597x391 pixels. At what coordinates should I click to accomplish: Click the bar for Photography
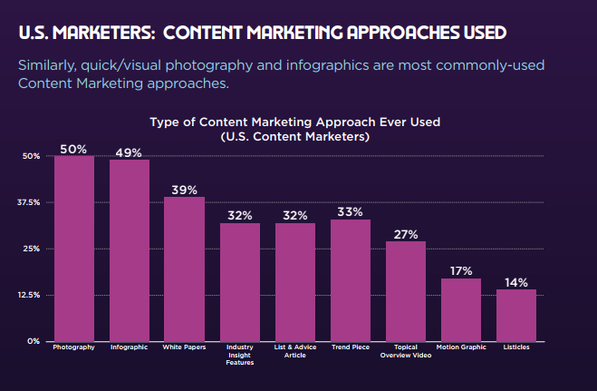pyautogui.click(x=74, y=249)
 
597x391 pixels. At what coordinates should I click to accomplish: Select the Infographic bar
pyautogui.click(x=130, y=250)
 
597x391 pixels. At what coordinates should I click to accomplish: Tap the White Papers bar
pyautogui.click(x=185, y=269)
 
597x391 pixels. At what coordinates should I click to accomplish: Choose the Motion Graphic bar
pyautogui.click(x=461, y=309)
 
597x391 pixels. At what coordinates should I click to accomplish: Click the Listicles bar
pyautogui.click(x=516, y=315)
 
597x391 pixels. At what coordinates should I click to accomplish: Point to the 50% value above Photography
pyautogui.click(x=74, y=148)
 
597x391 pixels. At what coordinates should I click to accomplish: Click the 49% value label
pyautogui.click(x=130, y=152)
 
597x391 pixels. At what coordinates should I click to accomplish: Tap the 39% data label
pyautogui.click(x=185, y=190)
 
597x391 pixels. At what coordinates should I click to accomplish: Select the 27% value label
pyautogui.click(x=406, y=234)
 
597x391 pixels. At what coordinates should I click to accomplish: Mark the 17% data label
pyautogui.click(x=461, y=270)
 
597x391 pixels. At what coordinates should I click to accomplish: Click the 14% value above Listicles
pyautogui.click(x=516, y=282)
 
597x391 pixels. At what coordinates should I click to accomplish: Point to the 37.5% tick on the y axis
pyautogui.click(x=29, y=202)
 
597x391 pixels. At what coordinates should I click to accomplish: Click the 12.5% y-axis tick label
pyautogui.click(x=29, y=295)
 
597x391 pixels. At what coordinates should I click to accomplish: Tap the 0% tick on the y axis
pyautogui.click(x=33, y=341)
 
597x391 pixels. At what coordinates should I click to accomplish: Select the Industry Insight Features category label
pyautogui.click(x=240, y=354)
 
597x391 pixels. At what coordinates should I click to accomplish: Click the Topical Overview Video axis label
pyautogui.click(x=406, y=350)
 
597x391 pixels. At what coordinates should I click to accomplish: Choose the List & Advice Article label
pyautogui.click(x=295, y=350)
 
